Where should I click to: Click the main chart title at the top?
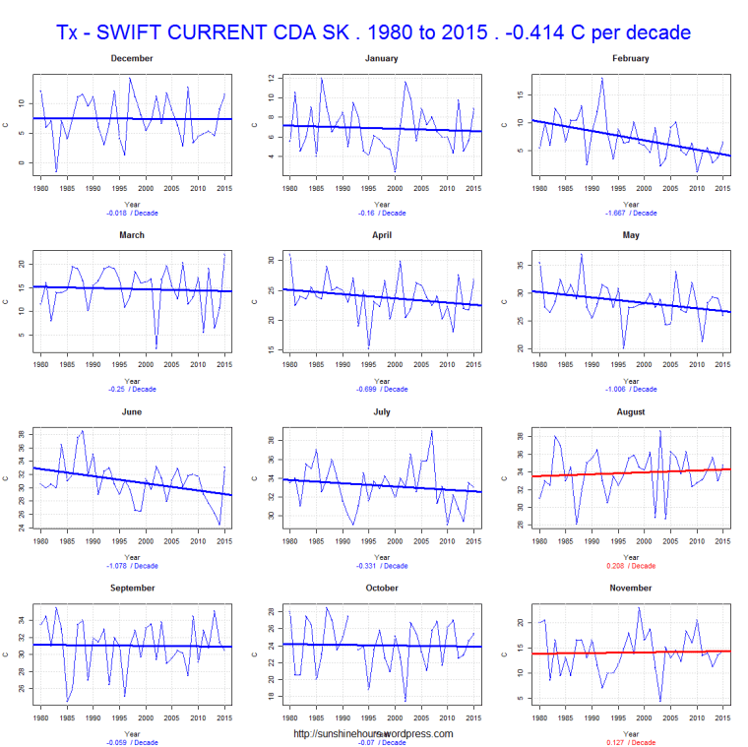pyautogui.click(x=374, y=31)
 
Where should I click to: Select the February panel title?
pyautogui.click(x=629, y=58)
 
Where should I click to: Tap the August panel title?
pyautogui.click(x=629, y=411)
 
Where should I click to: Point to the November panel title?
pyautogui.click(x=629, y=588)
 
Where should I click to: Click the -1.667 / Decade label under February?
pyautogui.click(x=629, y=213)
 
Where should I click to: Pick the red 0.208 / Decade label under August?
pyautogui.click(x=629, y=566)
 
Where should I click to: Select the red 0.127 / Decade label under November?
pyautogui.click(x=629, y=742)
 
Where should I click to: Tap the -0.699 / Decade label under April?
pyautogui.click(x=380, y=389)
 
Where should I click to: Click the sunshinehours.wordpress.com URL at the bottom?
pyautogui.click(x=374, y=733)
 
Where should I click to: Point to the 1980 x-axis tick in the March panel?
pyautogui.click(x=40, y=363)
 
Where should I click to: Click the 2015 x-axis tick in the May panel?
pyautogui.click(x=722, y=363)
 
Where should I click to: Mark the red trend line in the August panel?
pyautogui.click(x=630, y=472)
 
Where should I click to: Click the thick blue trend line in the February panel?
pyautogui.click(x=630, y=138)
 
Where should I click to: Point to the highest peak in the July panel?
pyautogui.click(x=431, y=431)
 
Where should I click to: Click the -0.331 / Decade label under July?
pyautogui.click(x=380, y=566)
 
